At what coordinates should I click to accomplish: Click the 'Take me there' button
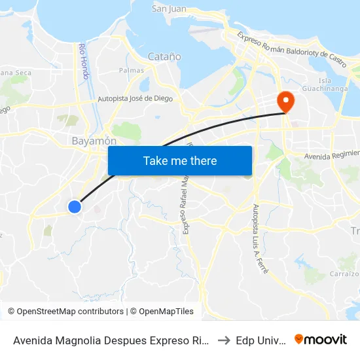click(x=180, y=161)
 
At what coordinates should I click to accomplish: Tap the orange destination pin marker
click(x=286, y=101)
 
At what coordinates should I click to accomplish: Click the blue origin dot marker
click(x=75, y=207)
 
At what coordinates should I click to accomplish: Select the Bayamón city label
click(x=94, y=141)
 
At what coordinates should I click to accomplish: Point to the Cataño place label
click(x=165, y=57)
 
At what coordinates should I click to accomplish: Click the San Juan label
click(x=170, y=9)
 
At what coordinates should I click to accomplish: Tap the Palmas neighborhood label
click(x=132, y=70)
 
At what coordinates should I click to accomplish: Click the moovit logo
click(x=321, y=339)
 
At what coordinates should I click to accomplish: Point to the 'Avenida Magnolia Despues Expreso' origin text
click(x=111, y=340)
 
